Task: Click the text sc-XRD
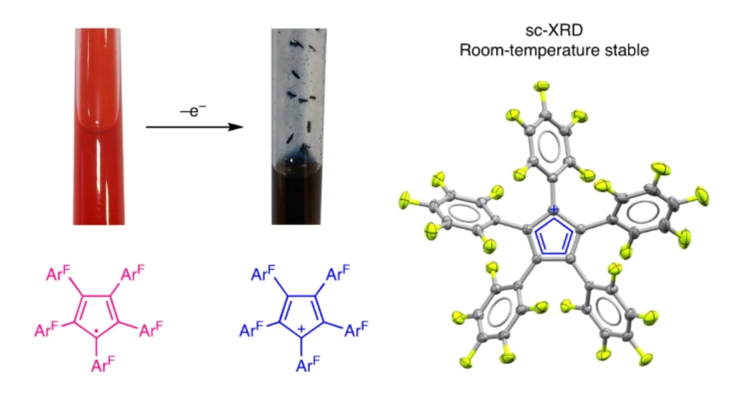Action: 554,31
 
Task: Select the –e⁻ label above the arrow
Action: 192,112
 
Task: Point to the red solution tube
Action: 98,127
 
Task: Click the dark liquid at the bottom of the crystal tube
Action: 296,194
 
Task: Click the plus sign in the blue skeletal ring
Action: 301,329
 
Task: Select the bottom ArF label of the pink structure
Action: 102,364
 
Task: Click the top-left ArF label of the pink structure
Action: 58,273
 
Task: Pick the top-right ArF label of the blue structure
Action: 337,273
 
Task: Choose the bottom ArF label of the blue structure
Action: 307,364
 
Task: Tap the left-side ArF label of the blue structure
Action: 251,329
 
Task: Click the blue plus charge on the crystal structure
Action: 554,210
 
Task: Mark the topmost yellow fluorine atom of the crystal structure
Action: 542,87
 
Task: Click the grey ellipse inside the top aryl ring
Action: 549,146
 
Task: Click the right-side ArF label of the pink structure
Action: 150,329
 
